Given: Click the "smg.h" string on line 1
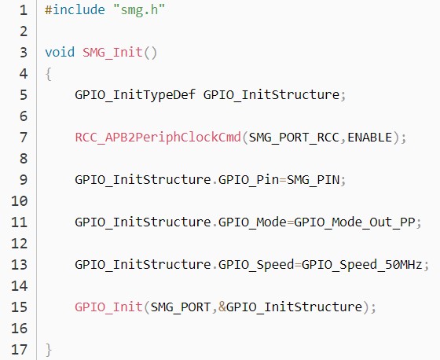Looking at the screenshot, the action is [139, 10].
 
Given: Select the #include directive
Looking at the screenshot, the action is [75, 10].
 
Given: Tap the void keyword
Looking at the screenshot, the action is [60, 52].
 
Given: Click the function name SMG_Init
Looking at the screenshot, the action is [112, 53].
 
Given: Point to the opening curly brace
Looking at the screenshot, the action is [49, 74].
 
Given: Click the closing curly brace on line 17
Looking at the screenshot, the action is [49, 350].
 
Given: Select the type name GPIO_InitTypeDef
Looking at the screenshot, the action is [135, 95].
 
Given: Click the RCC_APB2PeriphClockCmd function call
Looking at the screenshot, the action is [158, 138].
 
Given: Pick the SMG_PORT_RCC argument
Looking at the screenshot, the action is [294, 138].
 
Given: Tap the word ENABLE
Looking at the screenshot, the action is [369, 138].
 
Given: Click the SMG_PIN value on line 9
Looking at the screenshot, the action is [313, 180].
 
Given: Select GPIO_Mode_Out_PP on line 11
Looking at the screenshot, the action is [354, 222].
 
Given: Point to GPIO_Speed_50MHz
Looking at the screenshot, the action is [361, 265].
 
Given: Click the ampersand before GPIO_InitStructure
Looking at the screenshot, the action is [222, 307].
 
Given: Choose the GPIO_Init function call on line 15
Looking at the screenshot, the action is [108, 307].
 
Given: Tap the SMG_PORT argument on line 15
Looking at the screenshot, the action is [181, 307].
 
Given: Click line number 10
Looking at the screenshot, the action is [20, 201].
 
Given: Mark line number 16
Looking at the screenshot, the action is [20, 329].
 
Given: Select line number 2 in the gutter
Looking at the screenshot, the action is [24, 31].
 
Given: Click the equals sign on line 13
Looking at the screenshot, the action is [298, 265].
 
